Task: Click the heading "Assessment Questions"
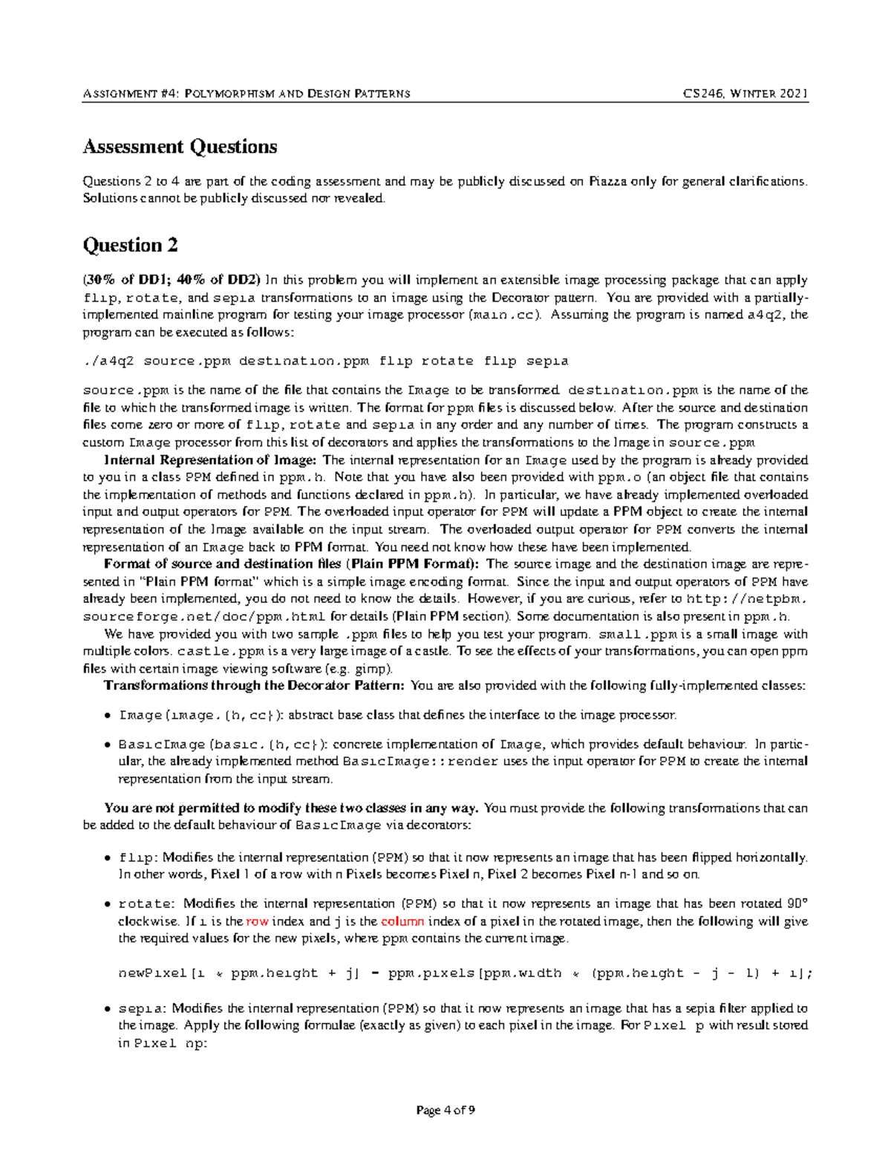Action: point(180,147)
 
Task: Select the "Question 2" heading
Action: point(130,245)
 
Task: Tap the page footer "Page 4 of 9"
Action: point(446,1110)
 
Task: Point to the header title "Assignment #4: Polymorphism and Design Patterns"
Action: point(247,94)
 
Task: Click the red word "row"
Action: point(257,921)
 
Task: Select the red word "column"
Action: point(402,921)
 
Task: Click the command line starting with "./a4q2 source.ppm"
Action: point(325,362)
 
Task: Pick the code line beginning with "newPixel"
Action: point(466,973)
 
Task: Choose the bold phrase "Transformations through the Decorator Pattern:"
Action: point(254,685)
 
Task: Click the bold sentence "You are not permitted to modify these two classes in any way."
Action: point(292,808)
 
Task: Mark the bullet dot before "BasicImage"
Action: point(108,745)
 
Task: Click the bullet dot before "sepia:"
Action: point(108,1009)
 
